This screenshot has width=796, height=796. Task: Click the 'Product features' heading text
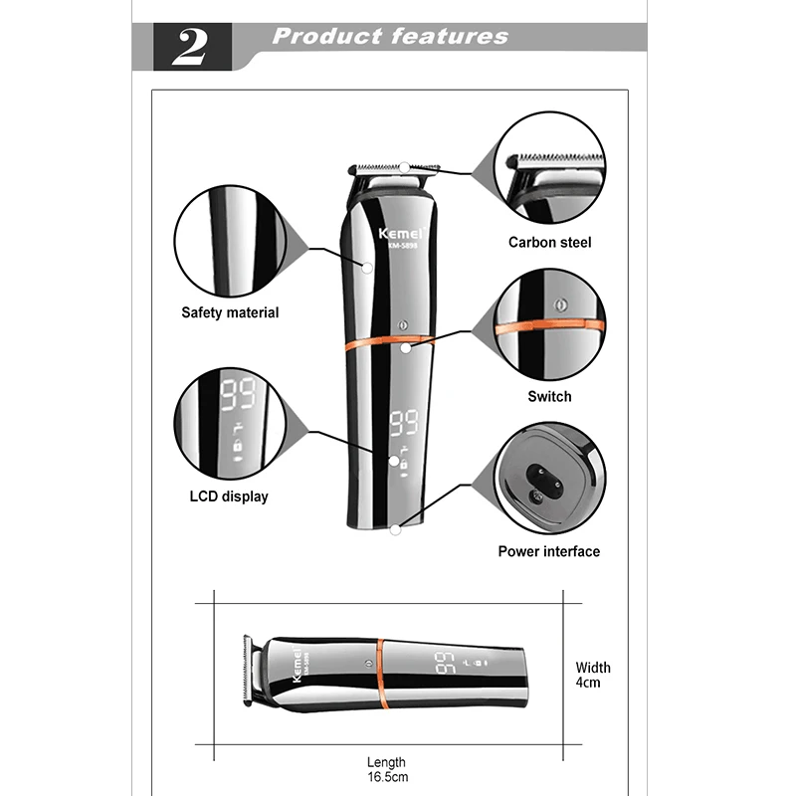point(390,38)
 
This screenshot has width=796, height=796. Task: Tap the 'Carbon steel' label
point(549,242)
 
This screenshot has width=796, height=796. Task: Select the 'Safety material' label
point(230,312)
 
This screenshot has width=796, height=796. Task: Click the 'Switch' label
point(549,396)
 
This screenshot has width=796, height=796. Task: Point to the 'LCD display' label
point(229,496)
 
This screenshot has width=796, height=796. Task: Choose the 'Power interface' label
point(549,551)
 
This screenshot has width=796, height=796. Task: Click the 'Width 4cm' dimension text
point(593,675)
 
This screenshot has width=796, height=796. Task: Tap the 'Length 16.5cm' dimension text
point(387,769)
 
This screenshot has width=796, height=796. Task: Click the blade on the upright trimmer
point(397,166)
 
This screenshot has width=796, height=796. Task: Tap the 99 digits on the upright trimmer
point(403,423)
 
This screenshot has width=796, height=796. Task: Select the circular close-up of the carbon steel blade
point(549,169)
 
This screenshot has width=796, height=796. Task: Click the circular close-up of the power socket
point(549,479)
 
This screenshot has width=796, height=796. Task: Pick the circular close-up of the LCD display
point(230,425)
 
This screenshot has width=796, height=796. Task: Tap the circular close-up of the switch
point(549,324)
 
